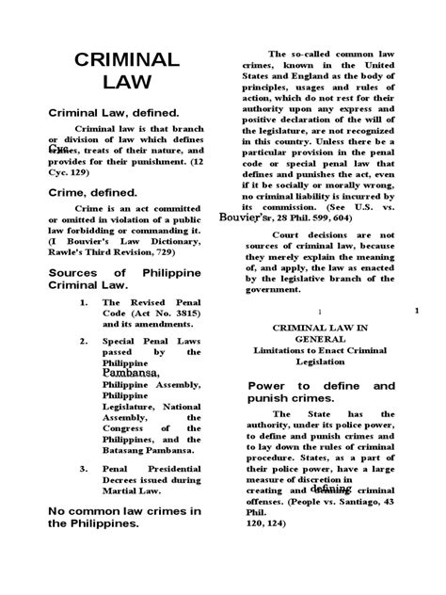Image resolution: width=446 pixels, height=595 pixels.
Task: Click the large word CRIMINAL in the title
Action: (127, 60)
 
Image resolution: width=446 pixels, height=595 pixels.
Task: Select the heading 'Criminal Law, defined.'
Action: (101, 114)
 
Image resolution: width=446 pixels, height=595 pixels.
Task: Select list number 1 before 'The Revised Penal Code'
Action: (83, 303)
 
